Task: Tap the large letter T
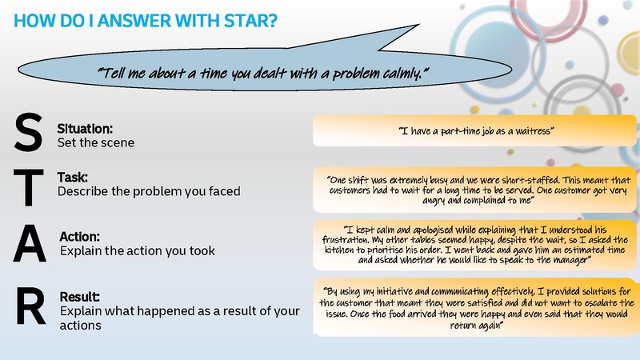click(28, 186)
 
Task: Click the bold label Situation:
click(85, 128)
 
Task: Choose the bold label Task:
click(73, 178)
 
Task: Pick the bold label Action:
click(80, 237)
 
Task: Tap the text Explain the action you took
click(138, 251)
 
